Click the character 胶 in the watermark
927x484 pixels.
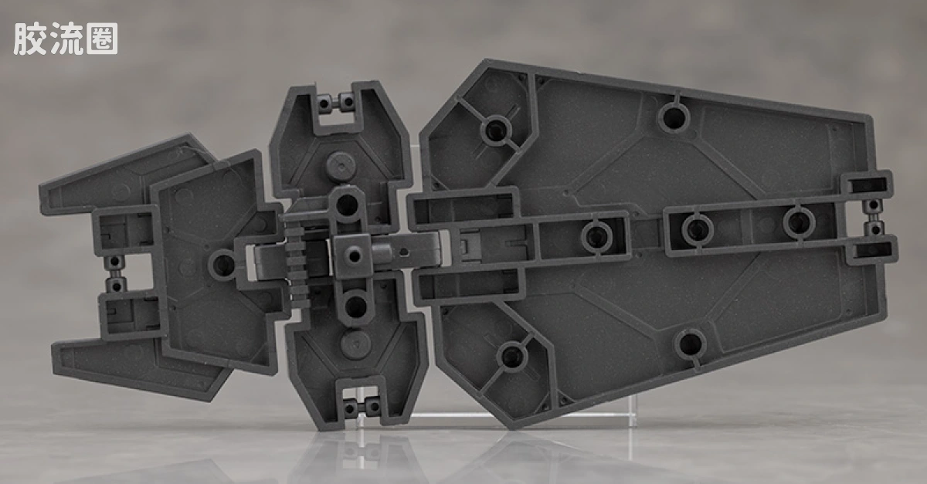(x=30, y=39)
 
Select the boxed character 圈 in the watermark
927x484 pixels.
(x=102, y=39)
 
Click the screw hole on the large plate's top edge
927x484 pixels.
(x=674, y=117)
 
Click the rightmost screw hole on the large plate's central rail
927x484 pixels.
(x=798, y=223)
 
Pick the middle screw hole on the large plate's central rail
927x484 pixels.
(x=698, y=228)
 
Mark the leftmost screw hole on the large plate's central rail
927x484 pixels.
(x=597, y=235)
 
